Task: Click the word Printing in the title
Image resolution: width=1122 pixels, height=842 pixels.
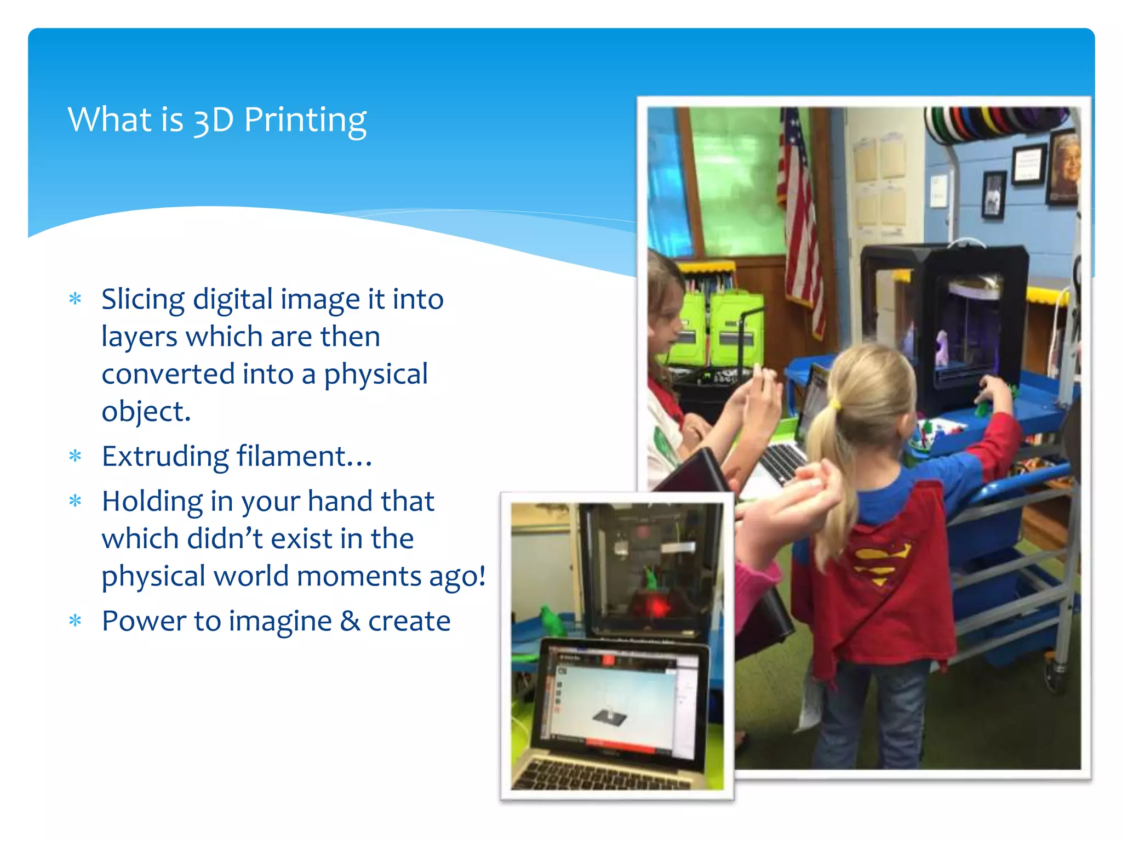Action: tap(305, 120)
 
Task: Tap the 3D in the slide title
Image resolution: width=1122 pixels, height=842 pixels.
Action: tap(214, 120)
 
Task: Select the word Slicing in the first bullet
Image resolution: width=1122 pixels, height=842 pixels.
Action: tap(143, 300)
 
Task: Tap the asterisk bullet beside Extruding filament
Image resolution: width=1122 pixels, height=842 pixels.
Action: tap(76, 456)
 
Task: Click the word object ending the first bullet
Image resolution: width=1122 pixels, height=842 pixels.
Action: tap(146, 412)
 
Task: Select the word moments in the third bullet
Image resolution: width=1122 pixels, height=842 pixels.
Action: tap(359, 577)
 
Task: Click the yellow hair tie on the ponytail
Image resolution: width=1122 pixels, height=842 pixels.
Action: tap(834, 406)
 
